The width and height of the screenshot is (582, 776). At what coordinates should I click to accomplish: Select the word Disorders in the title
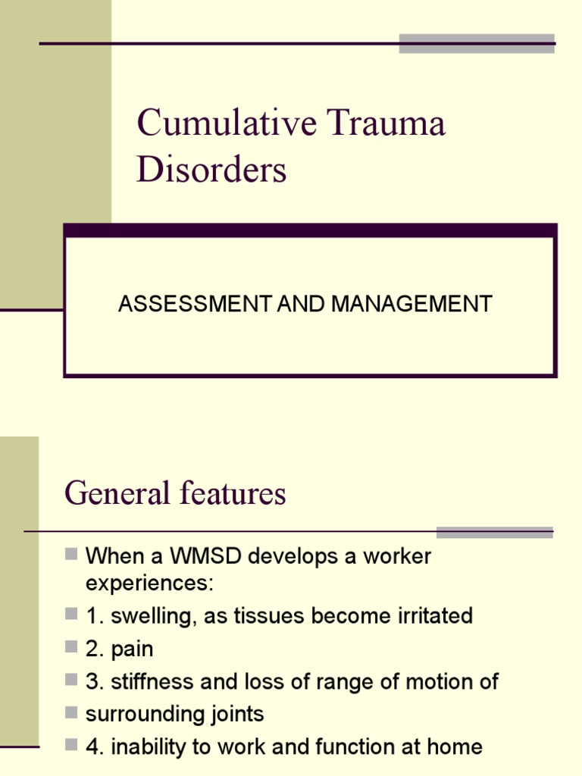(x=211, y=170)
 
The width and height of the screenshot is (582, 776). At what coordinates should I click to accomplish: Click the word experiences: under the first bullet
(x=151, y=584)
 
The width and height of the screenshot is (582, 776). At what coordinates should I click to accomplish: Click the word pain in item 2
(x=132, y=649)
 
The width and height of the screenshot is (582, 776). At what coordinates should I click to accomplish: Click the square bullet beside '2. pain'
(x=71, y=647)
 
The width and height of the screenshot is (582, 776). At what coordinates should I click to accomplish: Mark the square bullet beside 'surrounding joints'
(x=71, y=712)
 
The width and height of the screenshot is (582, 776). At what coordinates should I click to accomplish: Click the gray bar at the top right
(x=477, y=43)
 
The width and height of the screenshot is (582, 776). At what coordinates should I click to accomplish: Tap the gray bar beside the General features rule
(x=495, y=532)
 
